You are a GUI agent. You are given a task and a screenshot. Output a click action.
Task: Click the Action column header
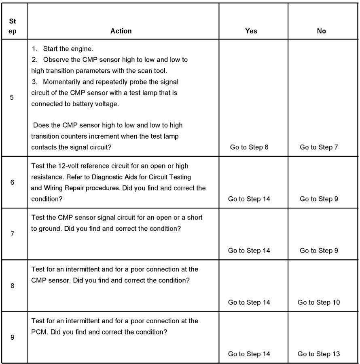[121, 31]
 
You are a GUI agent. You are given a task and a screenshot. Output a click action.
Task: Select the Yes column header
[251, 31]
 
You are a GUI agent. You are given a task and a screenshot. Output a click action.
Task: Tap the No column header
[322, 31]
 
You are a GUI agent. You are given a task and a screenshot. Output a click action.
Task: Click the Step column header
[13, 27]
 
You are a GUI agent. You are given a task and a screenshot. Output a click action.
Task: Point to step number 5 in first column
[12, 98]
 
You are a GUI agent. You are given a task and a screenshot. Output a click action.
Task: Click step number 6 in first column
[12, 182]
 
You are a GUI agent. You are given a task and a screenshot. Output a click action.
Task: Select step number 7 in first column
[12, 234]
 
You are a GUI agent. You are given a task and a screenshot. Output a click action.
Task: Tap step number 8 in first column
[12, 286]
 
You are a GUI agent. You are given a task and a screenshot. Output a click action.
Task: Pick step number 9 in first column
[12, 337]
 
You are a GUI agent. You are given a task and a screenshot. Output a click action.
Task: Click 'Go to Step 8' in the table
[249, 147]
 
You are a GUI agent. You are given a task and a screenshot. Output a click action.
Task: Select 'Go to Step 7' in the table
[319, 147]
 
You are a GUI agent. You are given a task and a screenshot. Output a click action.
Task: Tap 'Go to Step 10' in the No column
[319, 302]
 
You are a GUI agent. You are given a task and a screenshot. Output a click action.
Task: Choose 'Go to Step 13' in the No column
[319, 354]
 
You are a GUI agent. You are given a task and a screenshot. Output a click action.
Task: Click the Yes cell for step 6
[249, 199]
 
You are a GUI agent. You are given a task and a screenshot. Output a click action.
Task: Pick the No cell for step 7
[319, 250]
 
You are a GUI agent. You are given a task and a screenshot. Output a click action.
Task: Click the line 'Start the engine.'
[68, 49]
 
